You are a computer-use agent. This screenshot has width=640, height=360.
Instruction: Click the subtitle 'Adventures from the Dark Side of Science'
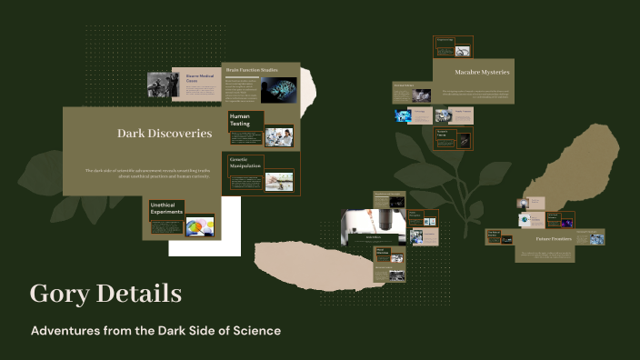pos(155,331)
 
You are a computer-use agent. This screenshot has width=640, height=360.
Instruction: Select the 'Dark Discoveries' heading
pos(165,134)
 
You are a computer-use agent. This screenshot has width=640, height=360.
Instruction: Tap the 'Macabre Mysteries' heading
pos(482,73)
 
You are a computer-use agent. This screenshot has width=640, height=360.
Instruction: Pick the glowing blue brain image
pos(278,89)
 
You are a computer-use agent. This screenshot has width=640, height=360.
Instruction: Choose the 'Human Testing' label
pos(240,120)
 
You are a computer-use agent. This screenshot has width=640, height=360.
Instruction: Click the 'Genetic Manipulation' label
pos(245,163)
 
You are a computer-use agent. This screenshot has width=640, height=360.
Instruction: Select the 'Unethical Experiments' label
pos(166,208)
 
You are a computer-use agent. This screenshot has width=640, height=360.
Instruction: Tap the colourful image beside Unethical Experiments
pos(200,225)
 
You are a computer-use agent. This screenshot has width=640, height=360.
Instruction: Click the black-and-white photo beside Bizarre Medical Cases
pos(162,84)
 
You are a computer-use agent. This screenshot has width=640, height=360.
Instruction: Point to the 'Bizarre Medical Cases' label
pos(198,78)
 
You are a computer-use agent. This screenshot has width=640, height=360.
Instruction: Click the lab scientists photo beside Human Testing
pos(279,137)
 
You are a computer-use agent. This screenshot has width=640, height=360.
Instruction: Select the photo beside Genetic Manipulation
pos(279,181)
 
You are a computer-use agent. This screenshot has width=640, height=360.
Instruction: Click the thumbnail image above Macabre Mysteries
pos(464,51)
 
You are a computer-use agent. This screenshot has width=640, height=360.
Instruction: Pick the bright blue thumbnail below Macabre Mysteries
pos(403,115)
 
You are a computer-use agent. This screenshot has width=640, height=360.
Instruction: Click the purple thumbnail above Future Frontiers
pos(566,221)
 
